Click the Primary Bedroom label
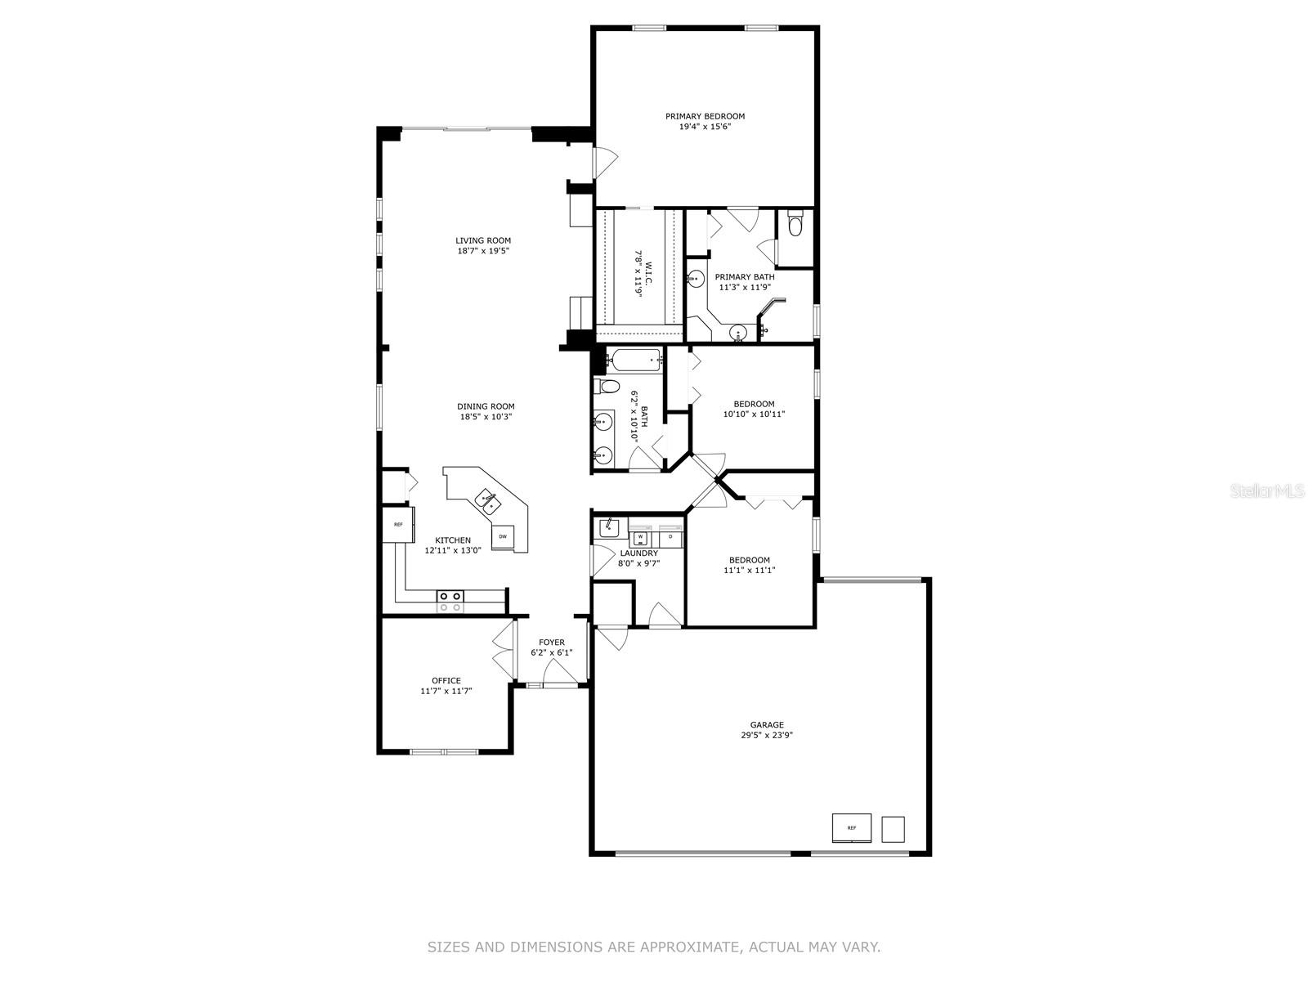pyautogui.click(x=705, y=116)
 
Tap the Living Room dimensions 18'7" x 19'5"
pyautogui.click(x=483, y=251)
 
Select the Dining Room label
pyautogui.click(x=486, y=406)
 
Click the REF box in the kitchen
pyautogui.click(x=398, y=525)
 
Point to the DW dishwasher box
pyautogui.click(x=503, y=536)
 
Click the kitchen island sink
pyautogui.click(x=487, y=499)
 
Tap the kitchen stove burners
pyautogui.click(x=450, y=602)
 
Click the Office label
pyautogui.click(x=446, y=680)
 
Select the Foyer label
pyautogui.click(x=552, y=643)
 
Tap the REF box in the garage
pyautogui.click(x=851, y=828)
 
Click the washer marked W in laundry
pyautogui.click(x=640, y=537)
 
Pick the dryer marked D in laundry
pyautogui.click(x=670, y=537)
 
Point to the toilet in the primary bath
pyautogui.click(x=795, y=222)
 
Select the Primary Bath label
pyautogui.click(x=745, y=277)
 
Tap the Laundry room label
pyautogui.click(x=638, y=553)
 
